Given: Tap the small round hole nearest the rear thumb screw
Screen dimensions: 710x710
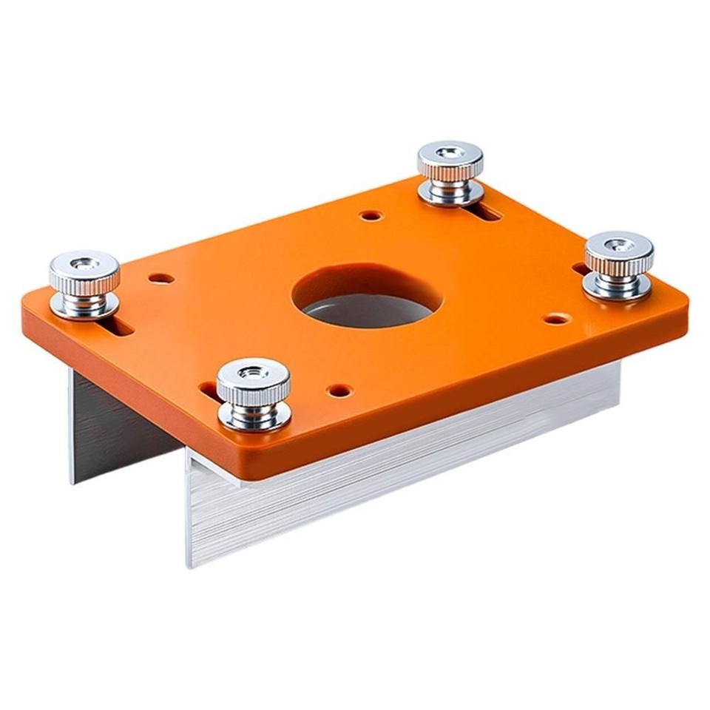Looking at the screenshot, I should click(x=371, y=216).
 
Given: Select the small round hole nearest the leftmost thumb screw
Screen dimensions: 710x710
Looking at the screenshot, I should click(x=161, y=279).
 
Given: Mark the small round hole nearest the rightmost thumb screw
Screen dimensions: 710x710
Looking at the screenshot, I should click(x=557, y=319).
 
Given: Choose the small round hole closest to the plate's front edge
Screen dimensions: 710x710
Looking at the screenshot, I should click(x=339, y=388).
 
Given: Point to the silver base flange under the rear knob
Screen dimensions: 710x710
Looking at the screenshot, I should click(x=450, y=195).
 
